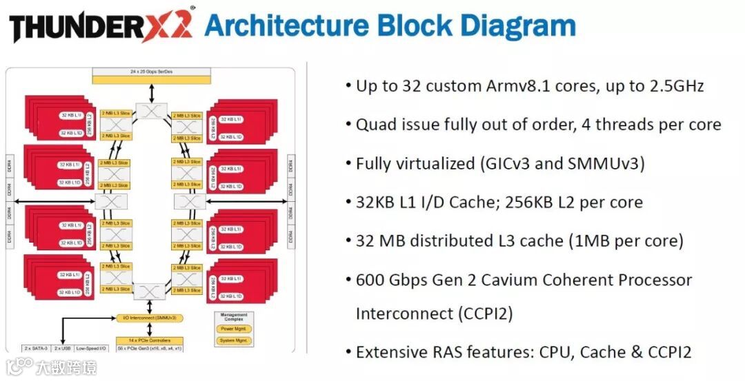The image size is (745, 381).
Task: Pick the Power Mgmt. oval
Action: (232, 329)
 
